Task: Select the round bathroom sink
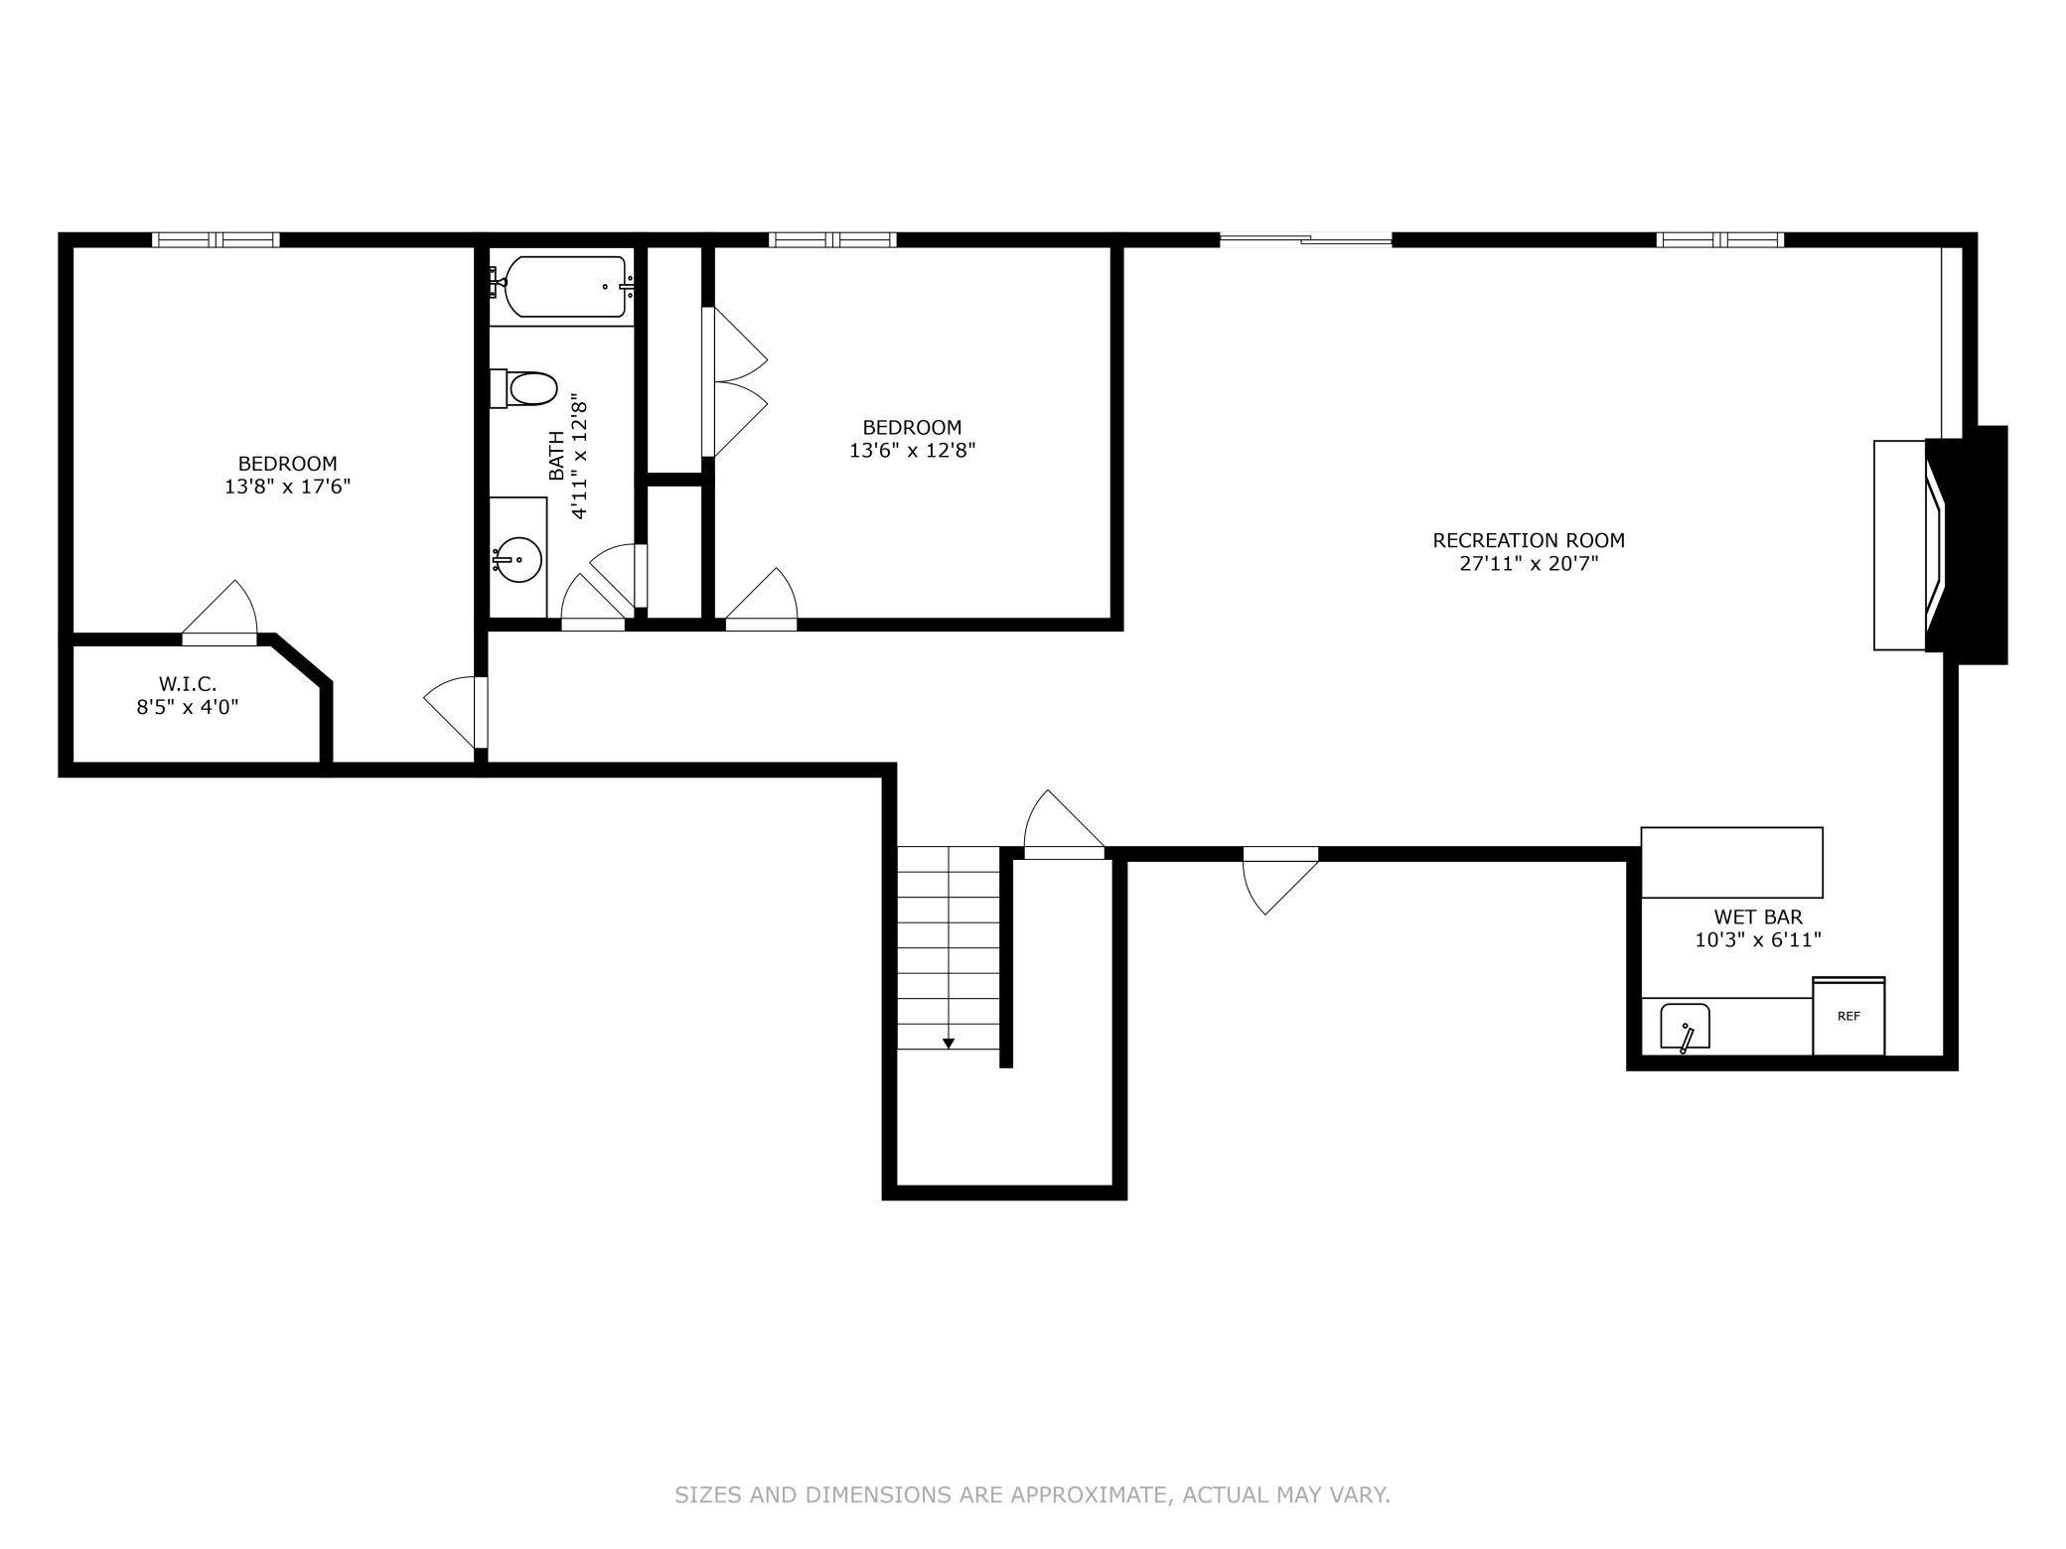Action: click(x=517, y=560)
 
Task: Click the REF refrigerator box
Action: click(x=1847, y=1017)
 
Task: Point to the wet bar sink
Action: click(x=1685, y=1026)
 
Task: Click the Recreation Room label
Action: click(x=1528, y=540)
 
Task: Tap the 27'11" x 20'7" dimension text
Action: click(x=1528, y=565)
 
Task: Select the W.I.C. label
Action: click(x=187, y=683)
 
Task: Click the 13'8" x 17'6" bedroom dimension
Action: click(x=287, y=488)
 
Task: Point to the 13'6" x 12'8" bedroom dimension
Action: click(x=912, y=451)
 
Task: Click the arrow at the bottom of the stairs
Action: click(x=949, y=1043)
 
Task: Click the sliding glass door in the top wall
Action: click(x=1305, y=238)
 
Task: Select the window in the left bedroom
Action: click(x=216, y=239)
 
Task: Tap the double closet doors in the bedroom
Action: click(x=735, y=382)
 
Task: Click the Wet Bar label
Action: click(x=1757, y=916)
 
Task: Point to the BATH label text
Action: click(x=557, y=456)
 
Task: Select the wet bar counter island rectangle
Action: click(x=1730, y=862)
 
